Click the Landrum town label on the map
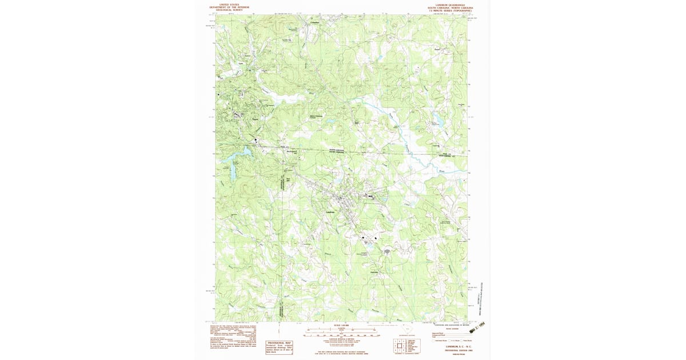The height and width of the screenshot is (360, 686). [330, 213]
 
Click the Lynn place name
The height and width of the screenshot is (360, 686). [233, 64]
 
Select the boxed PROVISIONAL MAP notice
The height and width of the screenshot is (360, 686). [279, 345]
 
